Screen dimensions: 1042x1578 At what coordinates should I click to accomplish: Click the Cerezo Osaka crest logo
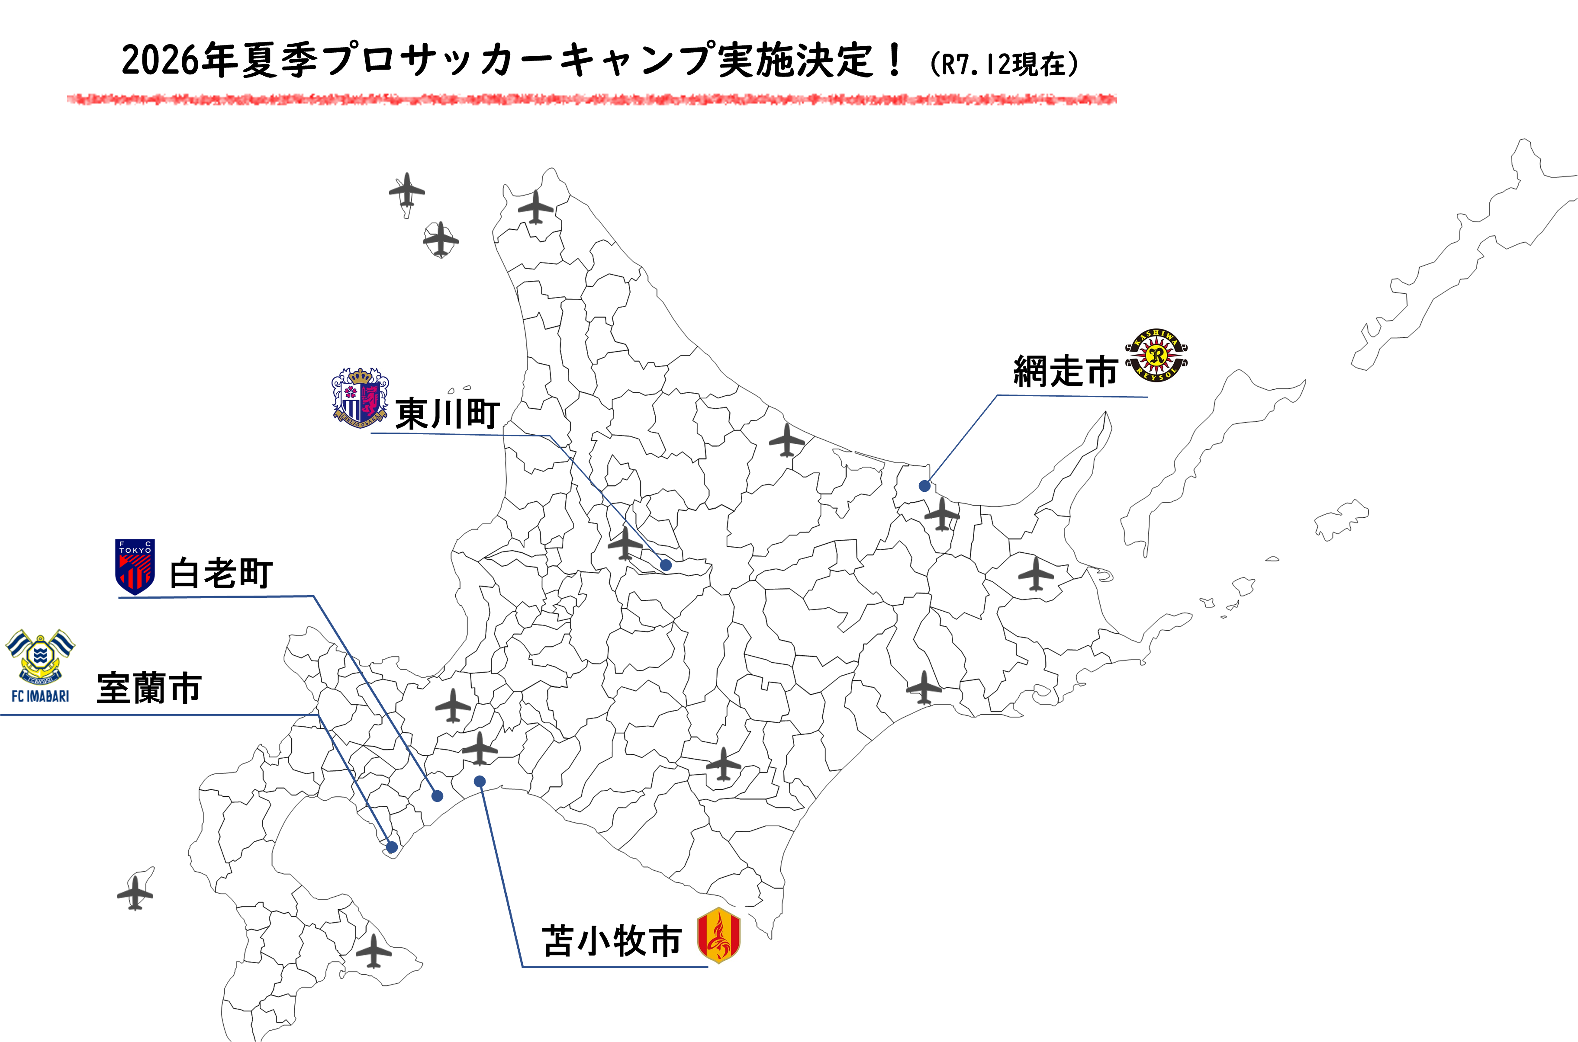360,398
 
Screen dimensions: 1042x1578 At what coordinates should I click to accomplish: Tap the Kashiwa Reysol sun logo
1156,355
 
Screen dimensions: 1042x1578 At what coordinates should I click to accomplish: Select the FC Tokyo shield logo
135,565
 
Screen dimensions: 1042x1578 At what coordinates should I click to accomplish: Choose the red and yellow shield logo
718,935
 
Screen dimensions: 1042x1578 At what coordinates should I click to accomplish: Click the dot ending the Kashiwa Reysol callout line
924,486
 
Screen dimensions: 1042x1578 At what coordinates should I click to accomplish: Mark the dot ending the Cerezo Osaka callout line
666,565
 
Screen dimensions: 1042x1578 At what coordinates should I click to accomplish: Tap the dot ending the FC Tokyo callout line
437,796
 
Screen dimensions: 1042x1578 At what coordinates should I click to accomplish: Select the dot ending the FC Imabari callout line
392,846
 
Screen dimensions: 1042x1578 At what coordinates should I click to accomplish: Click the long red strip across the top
592,99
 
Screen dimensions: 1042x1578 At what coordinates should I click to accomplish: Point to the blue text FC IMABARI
41,696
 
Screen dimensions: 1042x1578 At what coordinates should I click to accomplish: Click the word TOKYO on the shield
135,550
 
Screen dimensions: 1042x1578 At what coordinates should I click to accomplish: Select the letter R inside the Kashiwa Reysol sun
1156,354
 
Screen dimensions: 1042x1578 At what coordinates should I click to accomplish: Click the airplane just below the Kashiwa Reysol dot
942,514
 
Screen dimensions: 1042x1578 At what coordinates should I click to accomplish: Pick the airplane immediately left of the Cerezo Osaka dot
625,544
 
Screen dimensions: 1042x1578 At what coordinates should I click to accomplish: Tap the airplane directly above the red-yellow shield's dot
480,749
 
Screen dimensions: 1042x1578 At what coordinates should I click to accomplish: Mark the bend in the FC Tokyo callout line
313,597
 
